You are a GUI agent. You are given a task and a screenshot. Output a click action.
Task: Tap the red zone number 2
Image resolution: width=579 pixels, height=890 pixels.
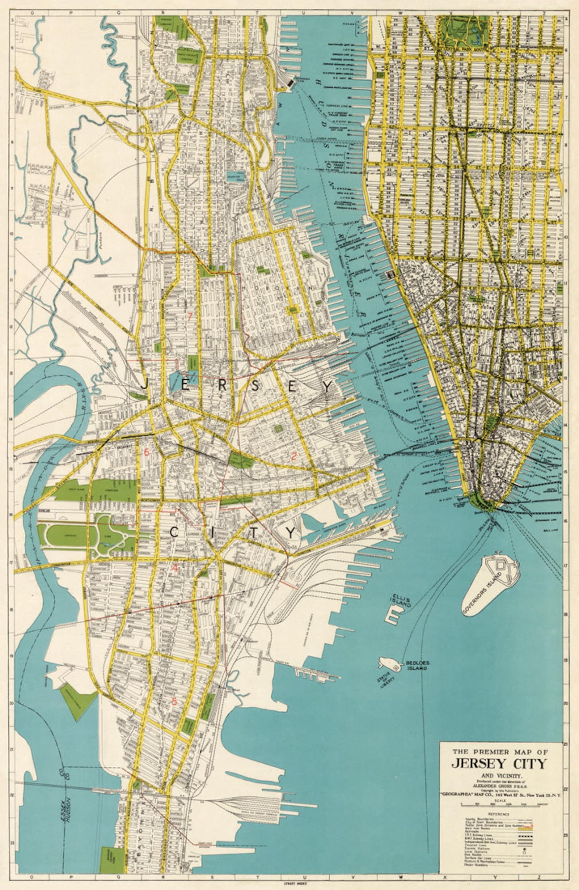pyautogui.click(x=294, y=456)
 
